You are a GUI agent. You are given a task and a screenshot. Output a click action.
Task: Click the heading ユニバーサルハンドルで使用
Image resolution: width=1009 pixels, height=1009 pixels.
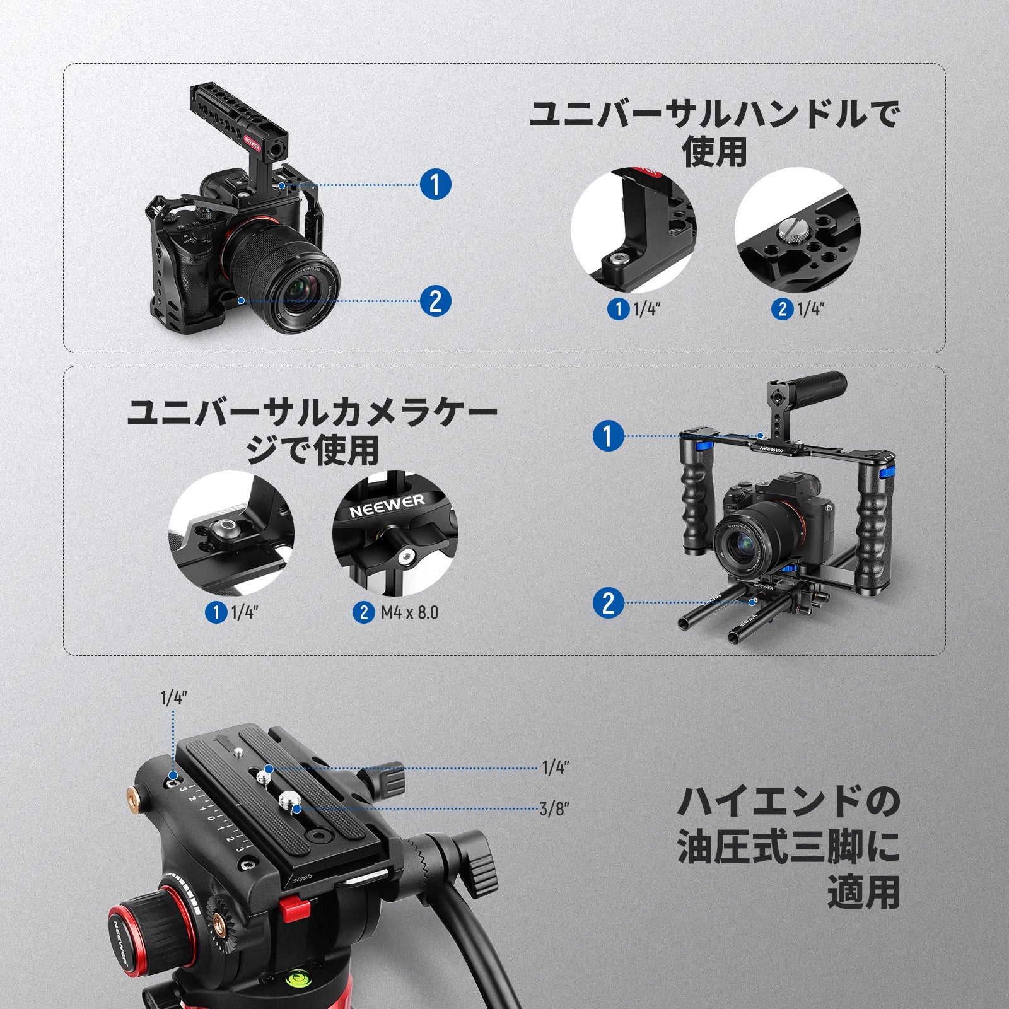(x=714, y=134)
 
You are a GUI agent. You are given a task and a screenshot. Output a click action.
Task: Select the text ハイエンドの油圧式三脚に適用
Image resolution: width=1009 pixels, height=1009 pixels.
(x=788, y=847)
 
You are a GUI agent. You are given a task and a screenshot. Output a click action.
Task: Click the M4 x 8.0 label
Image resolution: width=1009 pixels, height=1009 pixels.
(x=409, y=612)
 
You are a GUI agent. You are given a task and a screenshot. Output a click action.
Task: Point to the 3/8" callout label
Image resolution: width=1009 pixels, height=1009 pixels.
(x=554, y=808)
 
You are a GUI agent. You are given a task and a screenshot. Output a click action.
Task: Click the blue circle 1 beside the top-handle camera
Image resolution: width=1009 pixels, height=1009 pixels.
(x=435, y=185)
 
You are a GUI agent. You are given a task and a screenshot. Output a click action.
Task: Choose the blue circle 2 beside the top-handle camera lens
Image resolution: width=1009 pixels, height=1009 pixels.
(x=435, y=300)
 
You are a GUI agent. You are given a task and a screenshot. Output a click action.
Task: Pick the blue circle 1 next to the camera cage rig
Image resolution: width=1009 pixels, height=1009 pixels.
(x=609, y=436)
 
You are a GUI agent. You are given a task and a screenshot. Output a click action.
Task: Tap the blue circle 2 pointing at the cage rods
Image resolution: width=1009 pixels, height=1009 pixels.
(x=609, y=602)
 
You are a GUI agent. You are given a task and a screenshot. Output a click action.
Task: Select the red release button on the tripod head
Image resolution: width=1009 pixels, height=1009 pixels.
(x=295, y=910)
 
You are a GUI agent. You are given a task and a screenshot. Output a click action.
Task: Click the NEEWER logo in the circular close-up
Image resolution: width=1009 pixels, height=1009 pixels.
(x=387, y=505)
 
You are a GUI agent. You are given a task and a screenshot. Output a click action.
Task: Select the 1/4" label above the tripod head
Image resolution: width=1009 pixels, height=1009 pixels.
(x=173, y=699)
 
